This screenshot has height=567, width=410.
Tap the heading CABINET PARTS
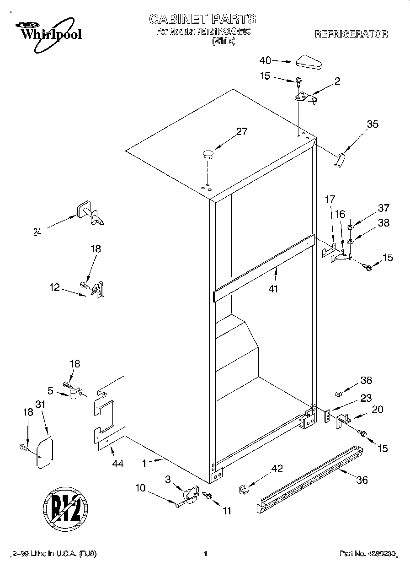coord(202,19)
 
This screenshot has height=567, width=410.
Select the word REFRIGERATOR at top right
coord(351,34)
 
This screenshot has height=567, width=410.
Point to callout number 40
coord(265,60)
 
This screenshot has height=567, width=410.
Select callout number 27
coord(241,132)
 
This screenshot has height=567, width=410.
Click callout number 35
coord(373,124)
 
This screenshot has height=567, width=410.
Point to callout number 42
coord(277,468)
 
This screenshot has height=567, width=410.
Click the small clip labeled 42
coord(243,489)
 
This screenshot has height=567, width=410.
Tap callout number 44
coord(117,464)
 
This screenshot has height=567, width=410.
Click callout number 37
coord(383,208)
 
